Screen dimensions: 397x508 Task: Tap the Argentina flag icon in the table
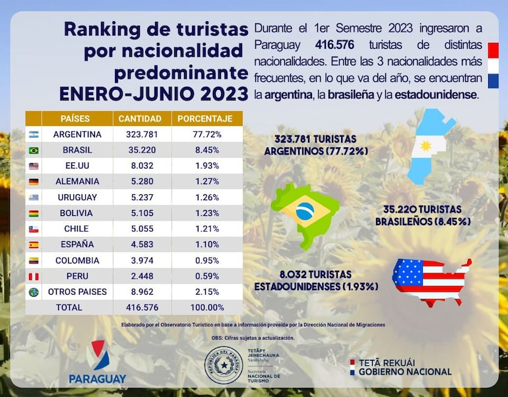(x=34, y=135)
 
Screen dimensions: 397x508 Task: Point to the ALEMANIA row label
(x=77, y=182)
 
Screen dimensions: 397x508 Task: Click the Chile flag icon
(x=34, y=229)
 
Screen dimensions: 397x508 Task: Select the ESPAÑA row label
(x=77, y=244)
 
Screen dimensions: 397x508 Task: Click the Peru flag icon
(x=34, y=276)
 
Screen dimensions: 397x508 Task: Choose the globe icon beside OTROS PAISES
(x=34, y=292)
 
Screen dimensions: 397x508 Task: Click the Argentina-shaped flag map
(x=429, y=145)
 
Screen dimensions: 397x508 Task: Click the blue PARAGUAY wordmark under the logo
(x=97, y=379)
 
